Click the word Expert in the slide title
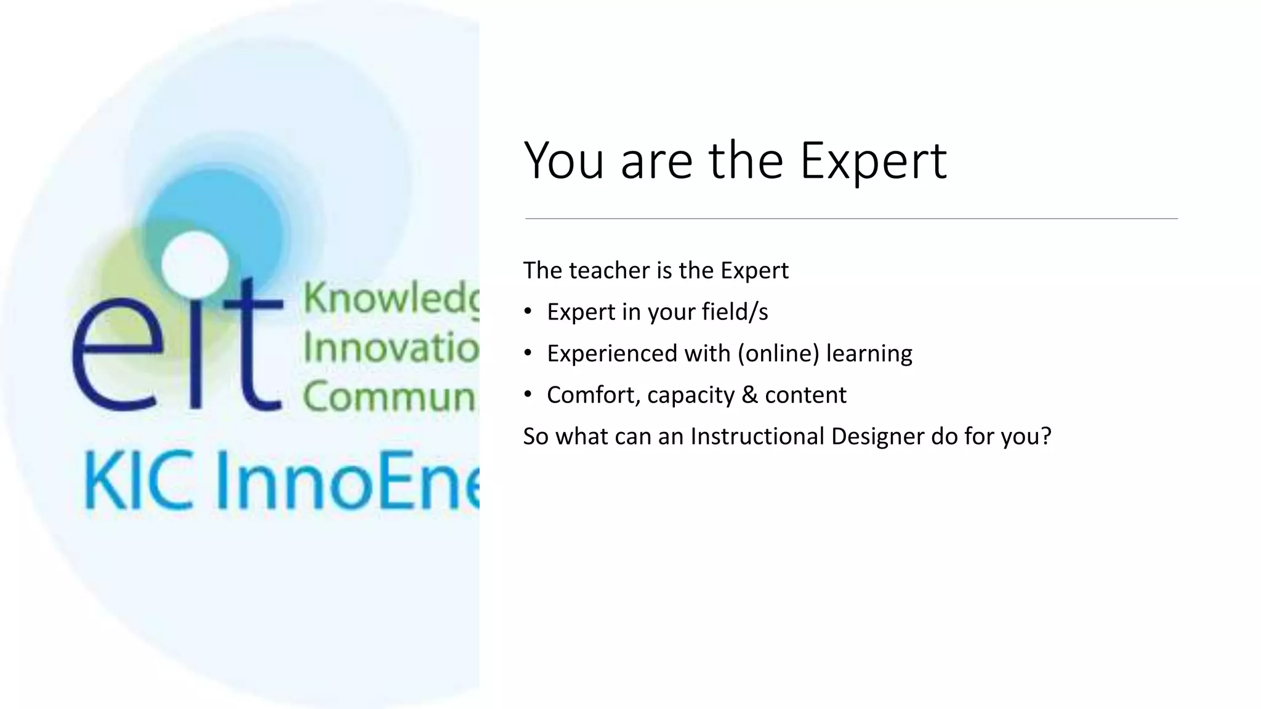tap(873, 161)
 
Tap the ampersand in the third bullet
tap(749, 395)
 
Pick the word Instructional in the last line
tap(757, 436)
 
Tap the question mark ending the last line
tap(1045, 436)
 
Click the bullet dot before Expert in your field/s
tap(528, 312)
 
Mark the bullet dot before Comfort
tap(528, 395)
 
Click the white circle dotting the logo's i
tap(195, 263)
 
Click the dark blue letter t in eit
tap(252, 348)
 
